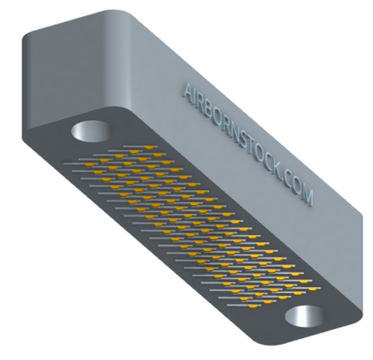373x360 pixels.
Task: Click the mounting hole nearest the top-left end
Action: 91,131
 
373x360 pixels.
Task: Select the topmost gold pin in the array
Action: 148,148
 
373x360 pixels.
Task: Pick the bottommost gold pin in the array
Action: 253,306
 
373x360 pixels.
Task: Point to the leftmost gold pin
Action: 89,165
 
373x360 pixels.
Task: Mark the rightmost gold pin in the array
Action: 313,289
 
